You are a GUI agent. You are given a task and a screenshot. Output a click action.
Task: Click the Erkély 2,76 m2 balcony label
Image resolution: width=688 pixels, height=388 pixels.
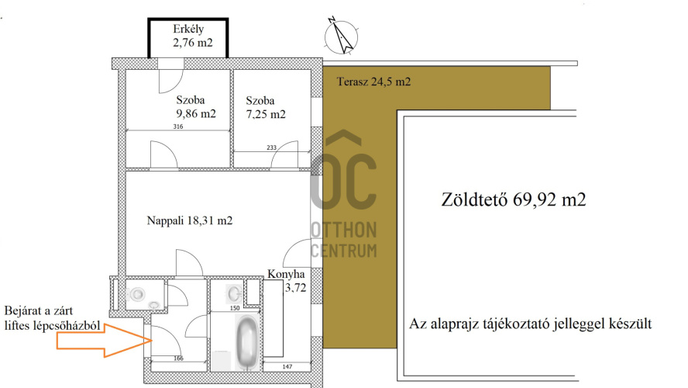[x=193, y=36]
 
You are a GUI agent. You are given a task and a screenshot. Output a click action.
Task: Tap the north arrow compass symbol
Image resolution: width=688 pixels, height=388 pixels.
[x=341, y=36]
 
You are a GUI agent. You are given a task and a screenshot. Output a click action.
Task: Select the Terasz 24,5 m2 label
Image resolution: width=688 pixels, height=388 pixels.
[x=373, y=81]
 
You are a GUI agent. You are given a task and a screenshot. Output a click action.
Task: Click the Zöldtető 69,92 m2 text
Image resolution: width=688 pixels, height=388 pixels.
[x=514, y=199]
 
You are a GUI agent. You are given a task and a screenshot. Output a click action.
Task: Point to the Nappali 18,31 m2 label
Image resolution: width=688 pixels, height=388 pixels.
[x=190, y=220]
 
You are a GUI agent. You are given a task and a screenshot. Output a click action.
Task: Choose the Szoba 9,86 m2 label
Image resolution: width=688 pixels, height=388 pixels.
[x=196, y=107]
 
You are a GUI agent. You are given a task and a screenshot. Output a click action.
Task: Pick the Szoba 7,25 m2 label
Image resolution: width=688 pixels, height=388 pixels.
[x=266, y=108]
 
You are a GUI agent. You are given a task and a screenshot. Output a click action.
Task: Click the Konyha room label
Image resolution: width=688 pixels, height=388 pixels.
[x=286, y=274]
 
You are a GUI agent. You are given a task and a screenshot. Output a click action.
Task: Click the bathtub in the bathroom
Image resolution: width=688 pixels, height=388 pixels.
[x=246, y=341]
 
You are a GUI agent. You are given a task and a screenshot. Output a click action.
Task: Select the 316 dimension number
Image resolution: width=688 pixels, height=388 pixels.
[x=177, y=126]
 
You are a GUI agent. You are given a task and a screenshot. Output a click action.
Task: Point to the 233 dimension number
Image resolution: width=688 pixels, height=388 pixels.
[x=272, y=147]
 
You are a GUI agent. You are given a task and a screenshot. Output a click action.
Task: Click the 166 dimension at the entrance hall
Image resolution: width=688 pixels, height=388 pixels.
[x=178, y=359]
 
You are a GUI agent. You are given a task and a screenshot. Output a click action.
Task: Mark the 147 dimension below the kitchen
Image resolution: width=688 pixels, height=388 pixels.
[x=287, y=366]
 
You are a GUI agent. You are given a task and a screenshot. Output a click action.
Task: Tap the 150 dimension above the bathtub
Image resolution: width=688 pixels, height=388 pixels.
[x=235, y=308]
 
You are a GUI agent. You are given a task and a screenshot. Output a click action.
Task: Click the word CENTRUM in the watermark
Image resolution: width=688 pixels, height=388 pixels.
[x=344, y=251]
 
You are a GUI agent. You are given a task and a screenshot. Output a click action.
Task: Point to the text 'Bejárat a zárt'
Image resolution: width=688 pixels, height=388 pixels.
[x=39, y=311]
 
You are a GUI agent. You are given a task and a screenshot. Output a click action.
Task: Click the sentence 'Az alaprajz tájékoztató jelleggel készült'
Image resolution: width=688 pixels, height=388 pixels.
[x=531, y=324]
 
